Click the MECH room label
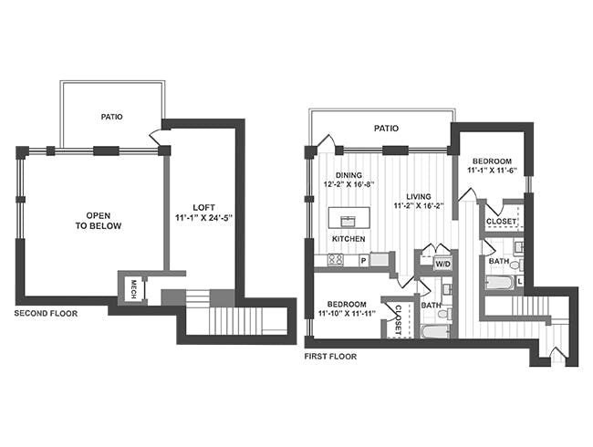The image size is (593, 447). click(x=133, y=289)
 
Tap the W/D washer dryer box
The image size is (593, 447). click(x=442, y=264)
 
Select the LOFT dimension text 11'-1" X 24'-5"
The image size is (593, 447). click(x=203, y=218)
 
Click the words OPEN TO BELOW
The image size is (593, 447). click(x=99, y=221)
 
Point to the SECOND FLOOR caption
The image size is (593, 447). click(x=46, y=313)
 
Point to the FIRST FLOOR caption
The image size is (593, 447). click(x=330, y=357)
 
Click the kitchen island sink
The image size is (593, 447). click(x=348, y=222)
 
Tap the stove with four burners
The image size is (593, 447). click(x=336, y=259)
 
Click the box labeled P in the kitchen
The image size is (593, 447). click(x=364, y=261)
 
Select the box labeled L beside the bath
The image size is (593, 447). click(x=520, y=281)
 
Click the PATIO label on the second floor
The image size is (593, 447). click(x=111, y=117)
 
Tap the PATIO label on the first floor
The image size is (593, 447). click(x=386, y=129)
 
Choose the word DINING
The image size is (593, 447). click(x=349, y=175)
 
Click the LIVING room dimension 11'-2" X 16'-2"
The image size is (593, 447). click(x=419, y=206)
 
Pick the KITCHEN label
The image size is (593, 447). click(x=349, y=239)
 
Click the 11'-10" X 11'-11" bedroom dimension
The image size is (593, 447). click(x=347, y=314)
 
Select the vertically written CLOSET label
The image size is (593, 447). click(x=398, y=320)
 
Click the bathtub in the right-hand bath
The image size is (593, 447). click(x=499, y=283)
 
